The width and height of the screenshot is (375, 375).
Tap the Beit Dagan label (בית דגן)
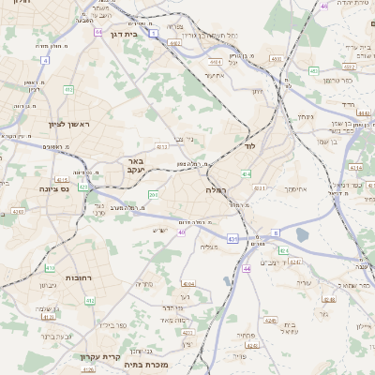pos(123,34)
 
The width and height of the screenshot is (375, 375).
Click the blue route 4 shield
pos(45,60)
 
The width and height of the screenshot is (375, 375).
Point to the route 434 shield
pos(247,174)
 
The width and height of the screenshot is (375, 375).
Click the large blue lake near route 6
pos(302,234)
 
